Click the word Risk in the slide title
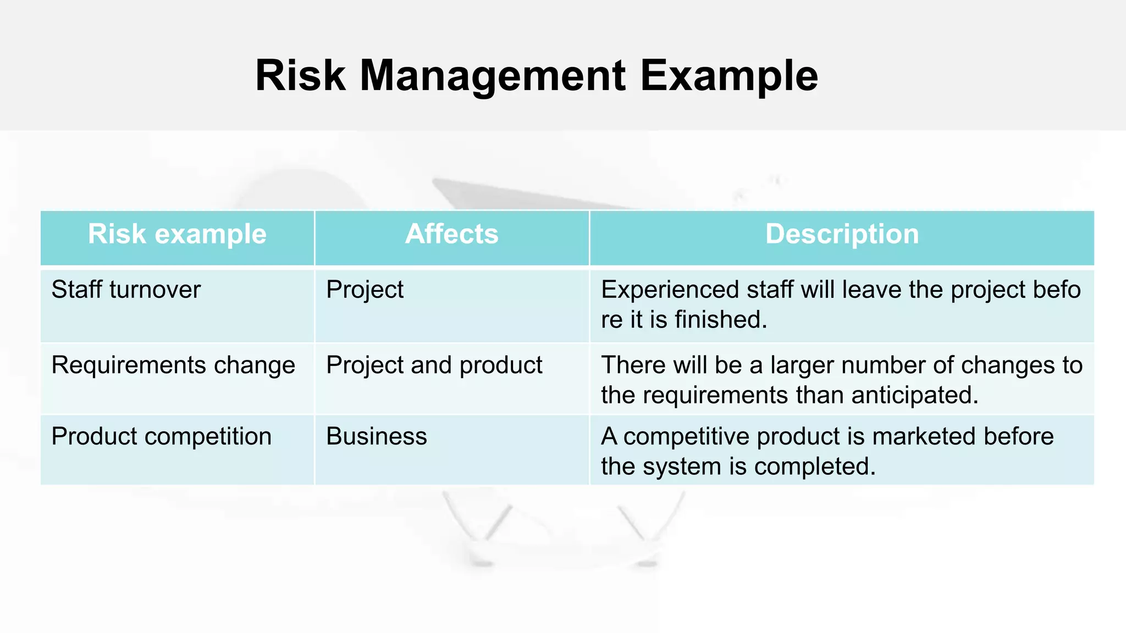click(300, 76)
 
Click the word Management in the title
click(492, 76)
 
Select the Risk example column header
click(177, 235)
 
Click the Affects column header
click(451, 235)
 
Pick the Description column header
click(842, 235)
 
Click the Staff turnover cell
click(126, 290)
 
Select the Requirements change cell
click(173, 365)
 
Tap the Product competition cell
click(161, 437)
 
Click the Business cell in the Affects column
click(376, 437)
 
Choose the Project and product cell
click(434, 365)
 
